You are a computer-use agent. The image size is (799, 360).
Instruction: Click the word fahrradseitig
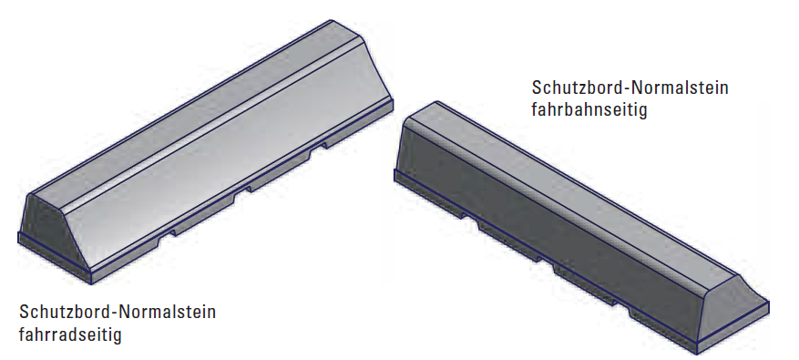[x=70, y=335]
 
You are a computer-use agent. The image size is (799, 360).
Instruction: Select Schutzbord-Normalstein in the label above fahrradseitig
[x=118, y=312]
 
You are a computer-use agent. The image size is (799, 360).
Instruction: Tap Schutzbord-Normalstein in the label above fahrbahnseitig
[x=630, y=87]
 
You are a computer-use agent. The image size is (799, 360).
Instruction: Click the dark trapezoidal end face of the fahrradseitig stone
[x=53, y=232]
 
